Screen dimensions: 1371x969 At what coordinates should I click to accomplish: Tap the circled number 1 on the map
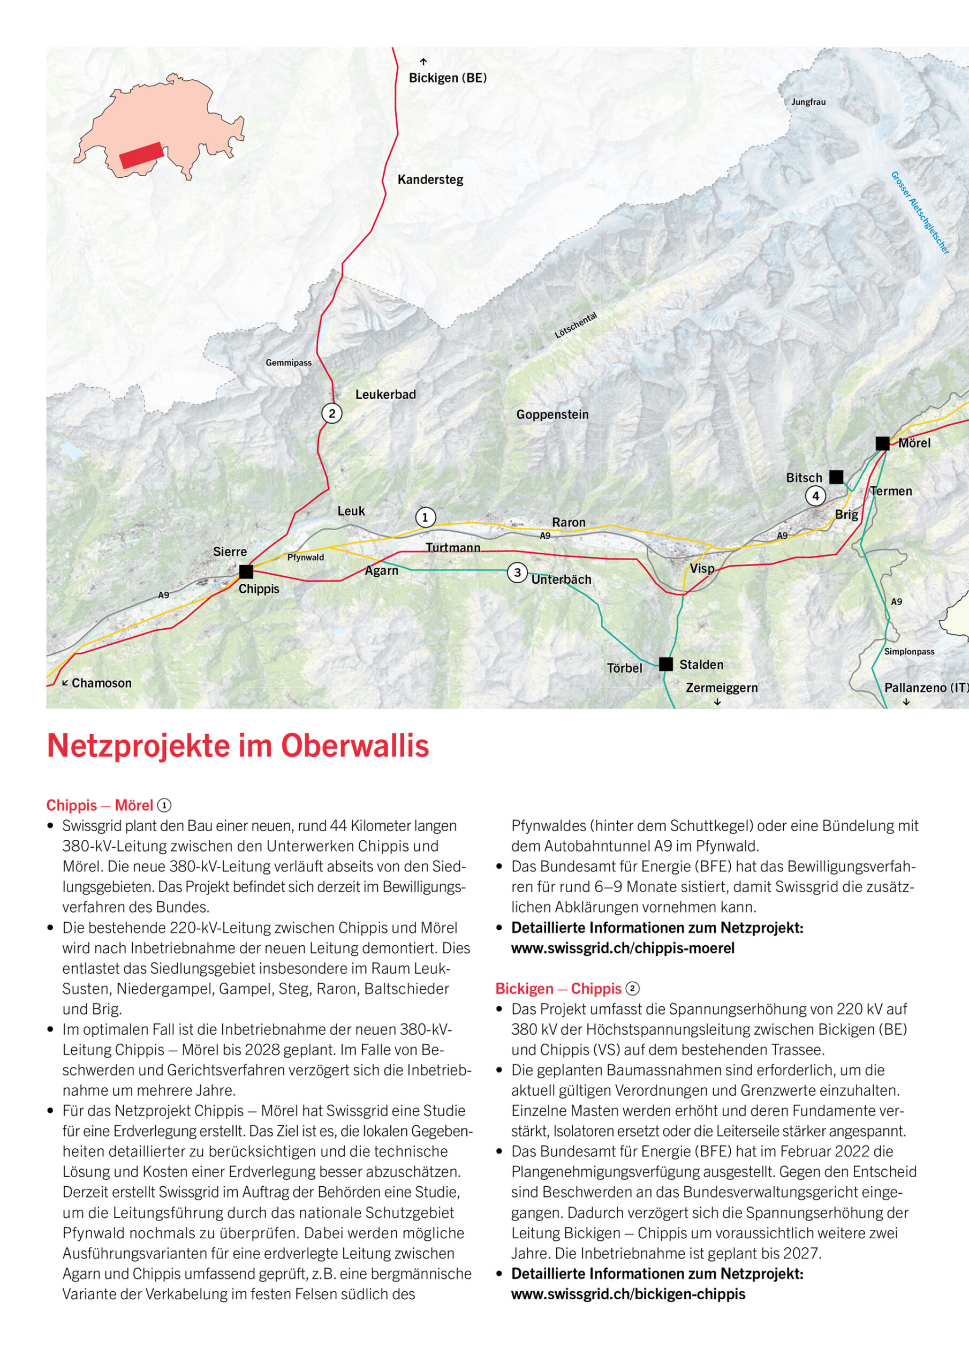[x=425, y=517]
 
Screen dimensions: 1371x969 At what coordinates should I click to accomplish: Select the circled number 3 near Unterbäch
[x=517, y=572]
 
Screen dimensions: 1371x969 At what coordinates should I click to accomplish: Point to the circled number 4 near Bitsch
[x=815, y=495]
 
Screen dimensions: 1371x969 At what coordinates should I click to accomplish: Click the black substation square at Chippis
[x=246, y=571]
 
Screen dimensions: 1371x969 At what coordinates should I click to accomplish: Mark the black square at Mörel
[x=882, y=443]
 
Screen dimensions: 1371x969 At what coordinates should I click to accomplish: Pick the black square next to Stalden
[x=665, y=664]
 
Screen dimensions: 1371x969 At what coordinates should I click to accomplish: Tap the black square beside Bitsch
[x=836, y=477]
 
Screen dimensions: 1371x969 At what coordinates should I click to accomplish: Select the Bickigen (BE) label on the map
[x=447, y=78]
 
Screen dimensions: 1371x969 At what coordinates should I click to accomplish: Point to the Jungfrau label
[x=808, y=102]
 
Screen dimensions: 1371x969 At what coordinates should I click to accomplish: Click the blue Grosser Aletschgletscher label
[x=919, y=213]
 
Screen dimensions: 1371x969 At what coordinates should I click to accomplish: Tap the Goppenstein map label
[x=552, y=415]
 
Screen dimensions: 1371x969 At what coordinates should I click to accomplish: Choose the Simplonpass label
[x=909, y=651]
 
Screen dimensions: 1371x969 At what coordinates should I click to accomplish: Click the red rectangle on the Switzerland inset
[x=141, y=155]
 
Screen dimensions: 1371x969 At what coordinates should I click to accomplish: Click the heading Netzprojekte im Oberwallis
[x=238, y=746]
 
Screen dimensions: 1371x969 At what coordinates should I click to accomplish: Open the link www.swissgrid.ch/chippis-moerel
[x=622, y=947]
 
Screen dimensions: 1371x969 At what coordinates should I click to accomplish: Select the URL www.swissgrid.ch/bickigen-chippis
[x=628, y=1294]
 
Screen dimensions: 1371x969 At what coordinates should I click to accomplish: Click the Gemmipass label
[x=289, y=363]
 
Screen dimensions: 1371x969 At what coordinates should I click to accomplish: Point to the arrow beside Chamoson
[x=65, y=682]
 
